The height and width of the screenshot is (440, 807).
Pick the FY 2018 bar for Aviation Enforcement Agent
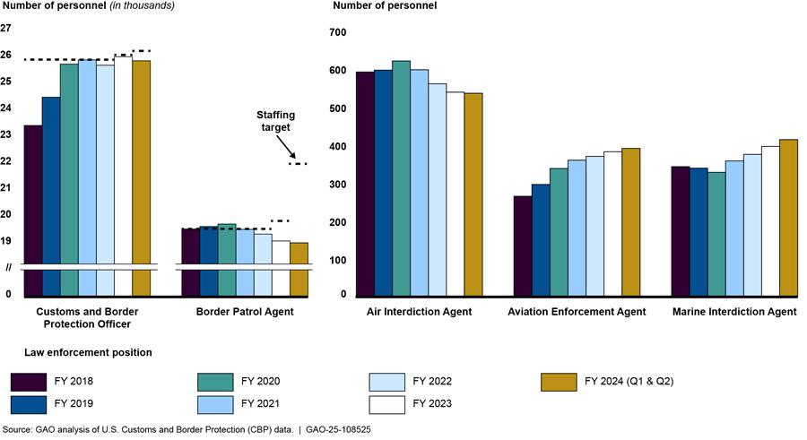(x=522, y=246)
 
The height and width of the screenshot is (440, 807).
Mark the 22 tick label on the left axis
(x=7, y=161)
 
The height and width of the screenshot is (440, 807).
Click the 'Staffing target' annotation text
(x=275, y=122)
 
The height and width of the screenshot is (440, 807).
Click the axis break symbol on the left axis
(x=8, y=266)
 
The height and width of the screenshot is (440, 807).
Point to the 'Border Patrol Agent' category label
(x=245, y=312)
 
